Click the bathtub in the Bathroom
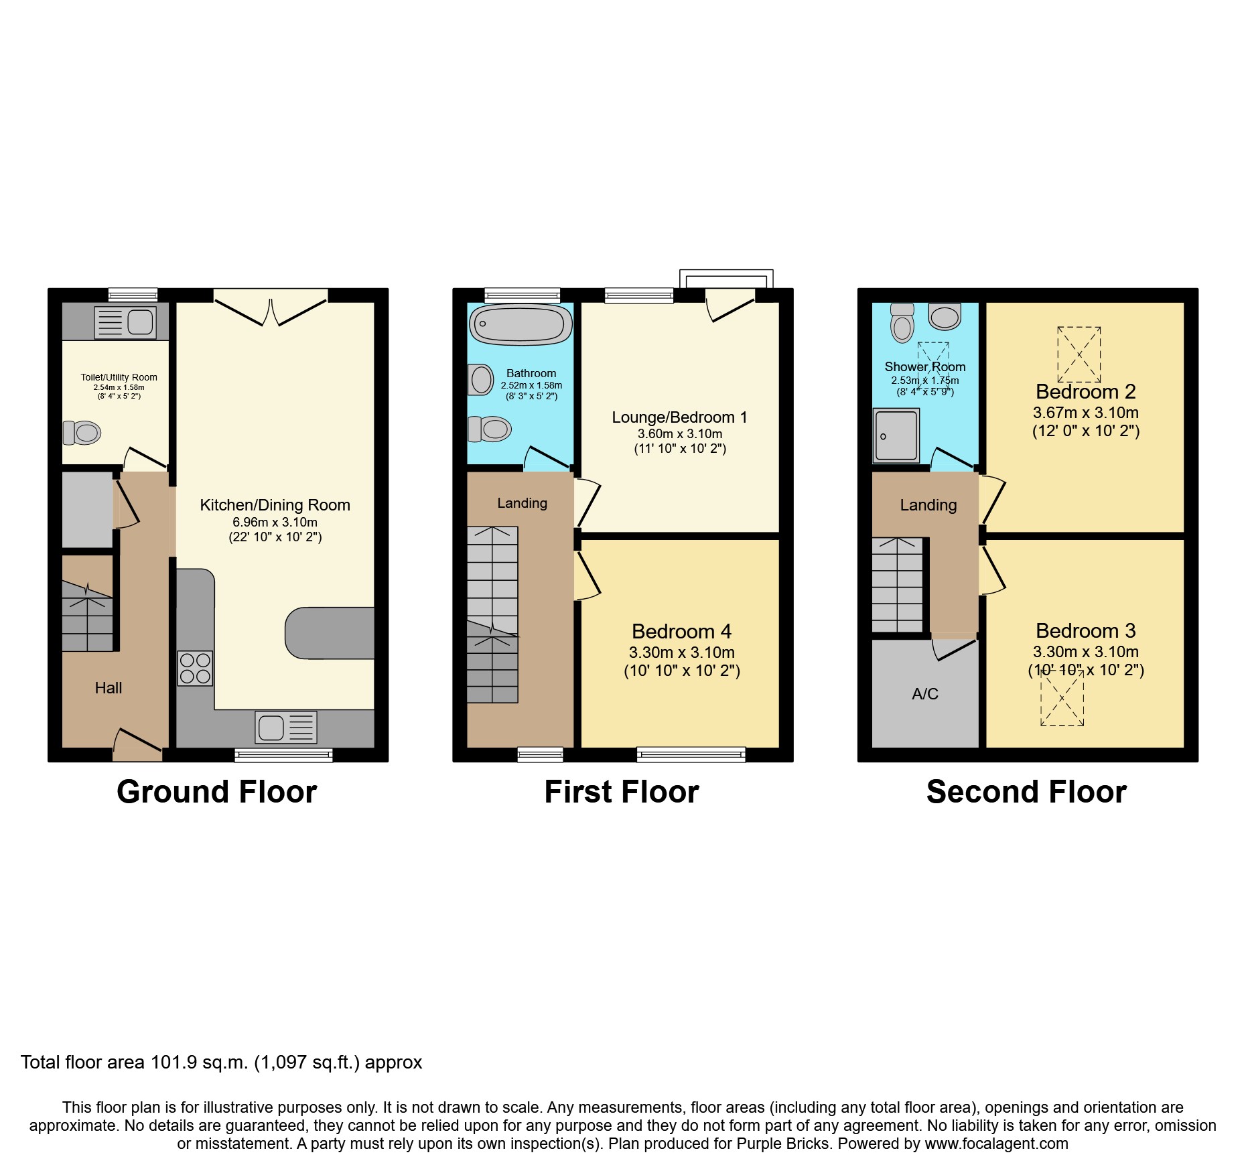[x=521, y=325]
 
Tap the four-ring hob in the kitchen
[x=195, y=669]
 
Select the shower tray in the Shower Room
[x=896, y=435]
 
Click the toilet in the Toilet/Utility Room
[x=82, y=433]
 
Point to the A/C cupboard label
[x=924, y=694]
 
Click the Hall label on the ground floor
[x=109, y=688]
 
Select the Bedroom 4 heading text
[x=681, y=631]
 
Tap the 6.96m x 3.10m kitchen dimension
[x=275, y=522]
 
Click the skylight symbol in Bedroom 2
[x=1079, y=354]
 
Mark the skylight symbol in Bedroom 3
[x=1062, y=698]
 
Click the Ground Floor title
[x=216, y=792]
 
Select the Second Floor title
[x=1026, y=792]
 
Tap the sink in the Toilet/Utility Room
[x=125, y=322]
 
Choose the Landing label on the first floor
[x=522, y=503]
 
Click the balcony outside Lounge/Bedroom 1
[x=726, y=279]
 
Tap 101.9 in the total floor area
[x=174, y=1062]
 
